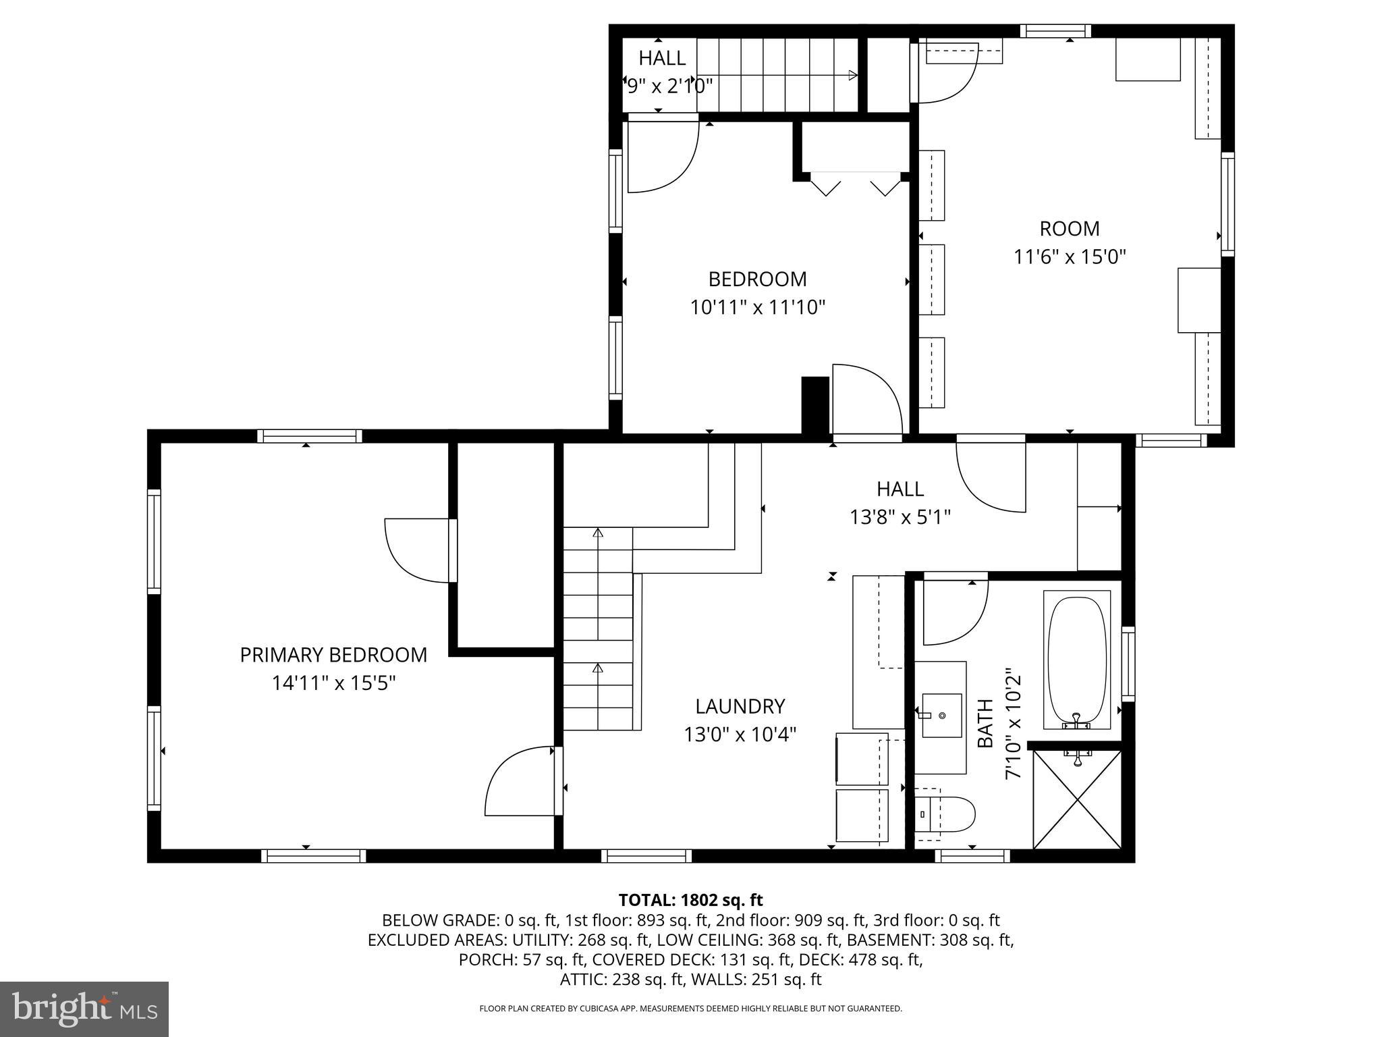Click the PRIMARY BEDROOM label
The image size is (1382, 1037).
[333, 655]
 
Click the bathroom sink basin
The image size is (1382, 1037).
[941, 715]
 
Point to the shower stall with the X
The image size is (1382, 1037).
[1077, 799]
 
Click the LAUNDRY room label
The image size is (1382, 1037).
[740, 706]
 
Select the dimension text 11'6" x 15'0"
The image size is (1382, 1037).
[1070, 257]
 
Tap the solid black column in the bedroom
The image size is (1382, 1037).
[814, 404]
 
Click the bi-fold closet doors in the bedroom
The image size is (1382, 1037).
[854, 184]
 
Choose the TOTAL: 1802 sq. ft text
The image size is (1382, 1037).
[690, 900]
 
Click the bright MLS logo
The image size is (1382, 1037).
[84, 1009]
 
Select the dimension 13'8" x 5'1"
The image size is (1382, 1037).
[900, 517]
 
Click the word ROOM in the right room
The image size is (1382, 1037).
[1070, 229]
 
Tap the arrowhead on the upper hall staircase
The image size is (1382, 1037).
[852, 75]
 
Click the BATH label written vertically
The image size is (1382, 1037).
[985, 723]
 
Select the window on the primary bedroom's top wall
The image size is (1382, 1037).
[309, 436]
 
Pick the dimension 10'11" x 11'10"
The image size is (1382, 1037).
[757, 308]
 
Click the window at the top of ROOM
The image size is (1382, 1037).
[1055, 30]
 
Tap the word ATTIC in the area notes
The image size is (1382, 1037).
[582, 979]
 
